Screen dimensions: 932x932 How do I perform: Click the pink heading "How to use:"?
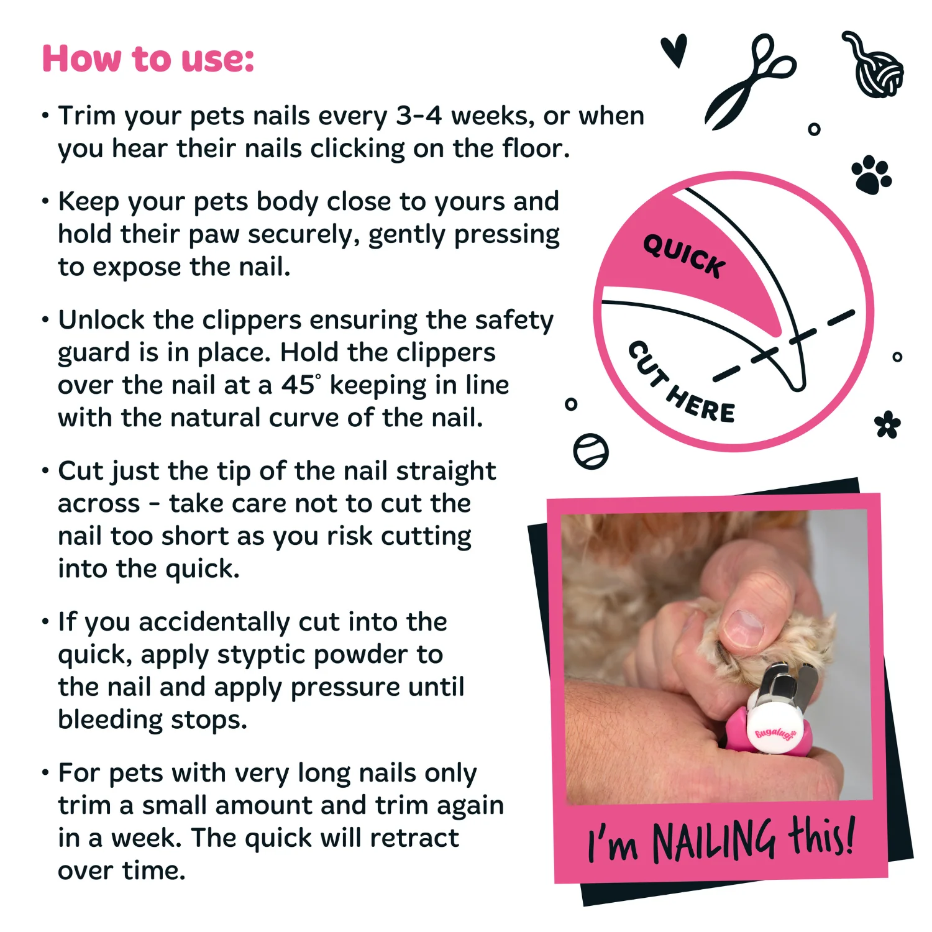[148, 59]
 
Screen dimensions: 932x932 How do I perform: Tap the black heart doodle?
[674, 50]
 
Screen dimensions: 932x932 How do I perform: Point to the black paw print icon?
[872, 175]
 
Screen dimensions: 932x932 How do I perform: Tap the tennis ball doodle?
[590, 451]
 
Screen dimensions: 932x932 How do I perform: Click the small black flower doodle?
[887, 425]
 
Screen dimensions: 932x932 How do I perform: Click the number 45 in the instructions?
[298, 385]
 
